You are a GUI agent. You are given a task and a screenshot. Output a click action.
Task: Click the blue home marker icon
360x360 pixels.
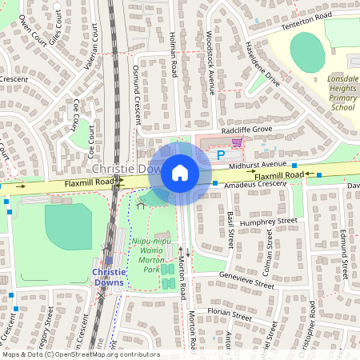(180, 173)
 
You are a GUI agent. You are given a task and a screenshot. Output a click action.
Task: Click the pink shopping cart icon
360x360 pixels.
(236, 142)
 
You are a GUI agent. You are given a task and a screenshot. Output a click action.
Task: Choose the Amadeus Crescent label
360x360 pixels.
(254, 185)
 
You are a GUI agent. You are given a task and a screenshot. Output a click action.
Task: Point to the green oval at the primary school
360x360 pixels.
(307, 50)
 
